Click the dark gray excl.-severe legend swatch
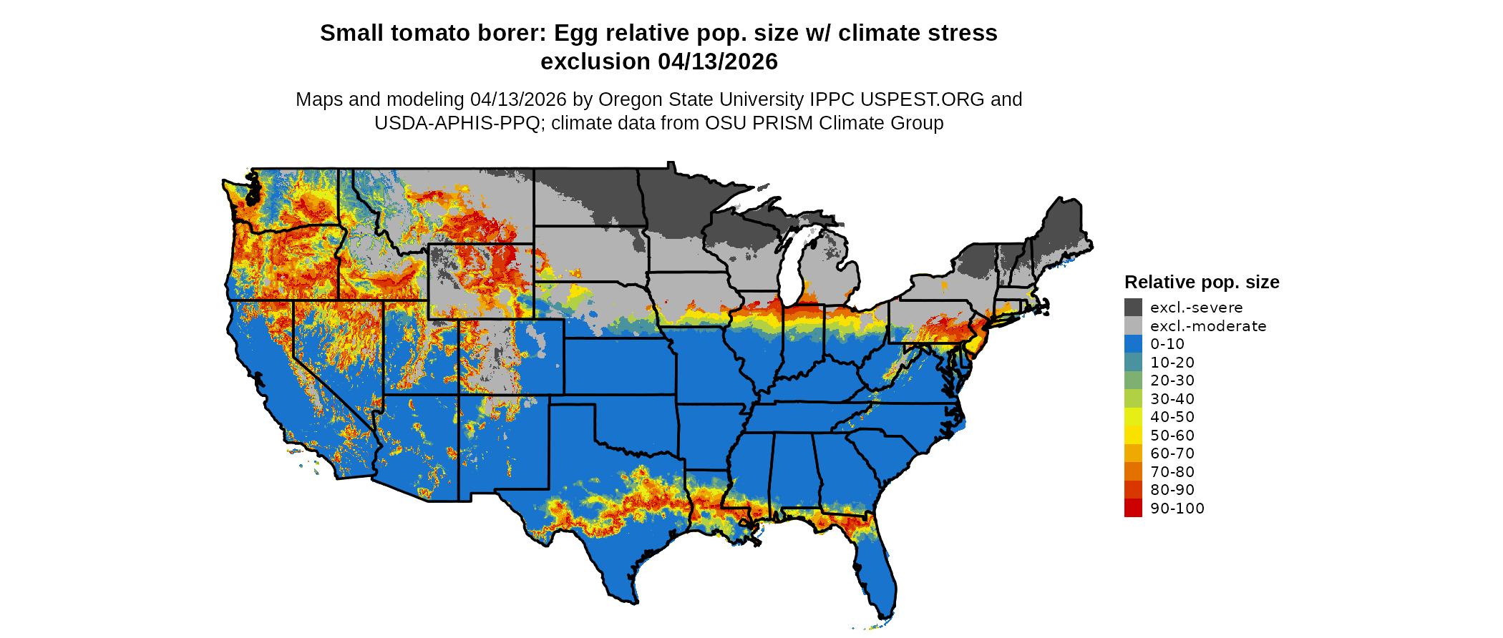1133,308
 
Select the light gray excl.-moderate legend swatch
1133,325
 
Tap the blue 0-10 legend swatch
1133,344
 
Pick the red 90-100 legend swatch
1133,508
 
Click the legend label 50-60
1172,436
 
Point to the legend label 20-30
1172,381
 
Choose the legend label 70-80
1172,472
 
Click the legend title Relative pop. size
1202,282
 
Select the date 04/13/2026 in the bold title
718,62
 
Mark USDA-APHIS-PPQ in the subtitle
457,123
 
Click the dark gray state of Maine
1064,229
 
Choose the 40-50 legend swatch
1133,417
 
